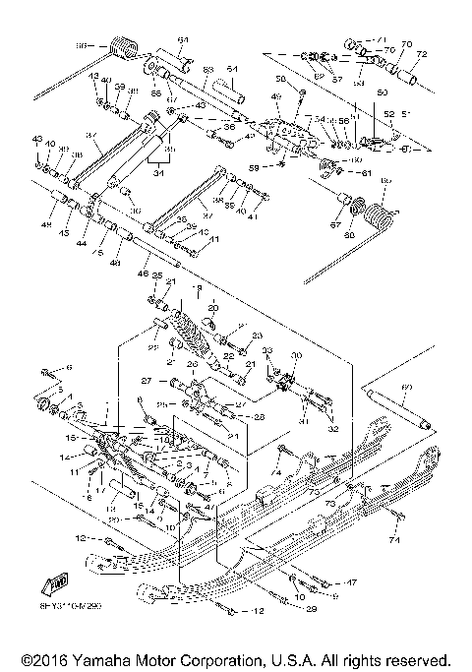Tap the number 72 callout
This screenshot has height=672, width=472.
pyautogui.click(x=422, y=54)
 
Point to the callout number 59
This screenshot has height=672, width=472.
pyautogui.click(x=254, y=167)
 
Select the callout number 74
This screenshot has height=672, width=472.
pyautogui.click(x=394, y=540)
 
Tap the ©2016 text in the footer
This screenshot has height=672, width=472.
pyautogui.click(x=34, y=659)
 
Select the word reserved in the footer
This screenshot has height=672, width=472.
pyautogui.click(x=414, y=659)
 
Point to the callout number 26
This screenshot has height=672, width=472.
pyautogui.click(x=193, y=365)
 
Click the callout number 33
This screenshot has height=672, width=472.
pyautogui.click(x=266, y=350)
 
